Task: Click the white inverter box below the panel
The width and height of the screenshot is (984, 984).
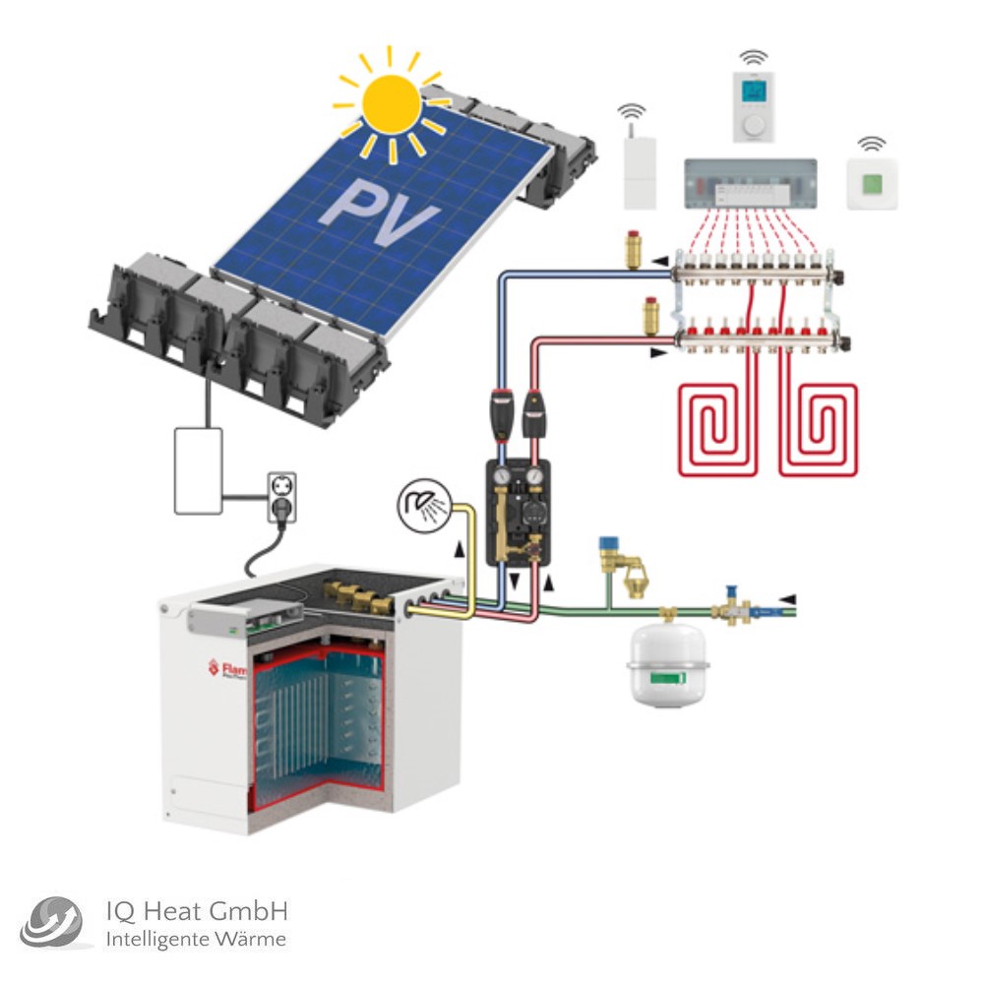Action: tap(198, 470)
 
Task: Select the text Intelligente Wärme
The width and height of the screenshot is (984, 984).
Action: tap(196, 940)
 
